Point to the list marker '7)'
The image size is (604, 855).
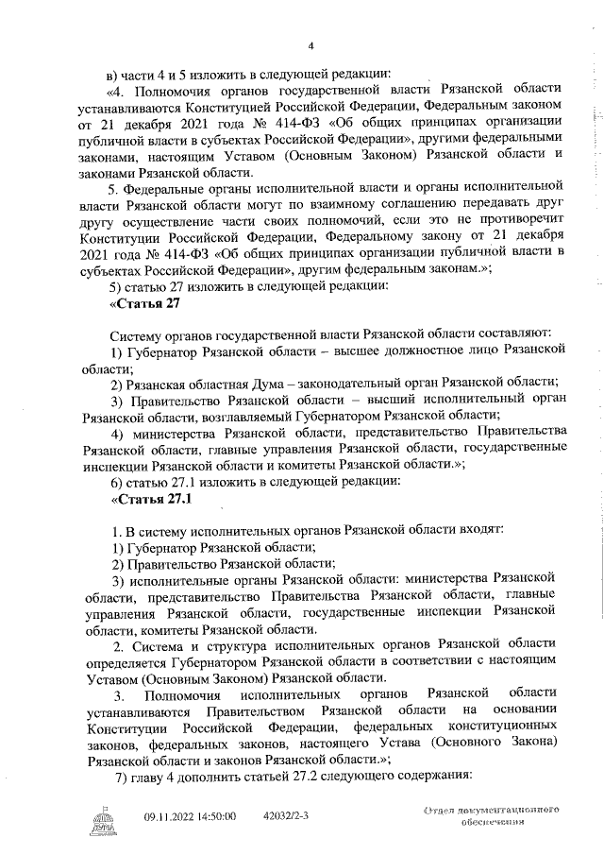point(119,776)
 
